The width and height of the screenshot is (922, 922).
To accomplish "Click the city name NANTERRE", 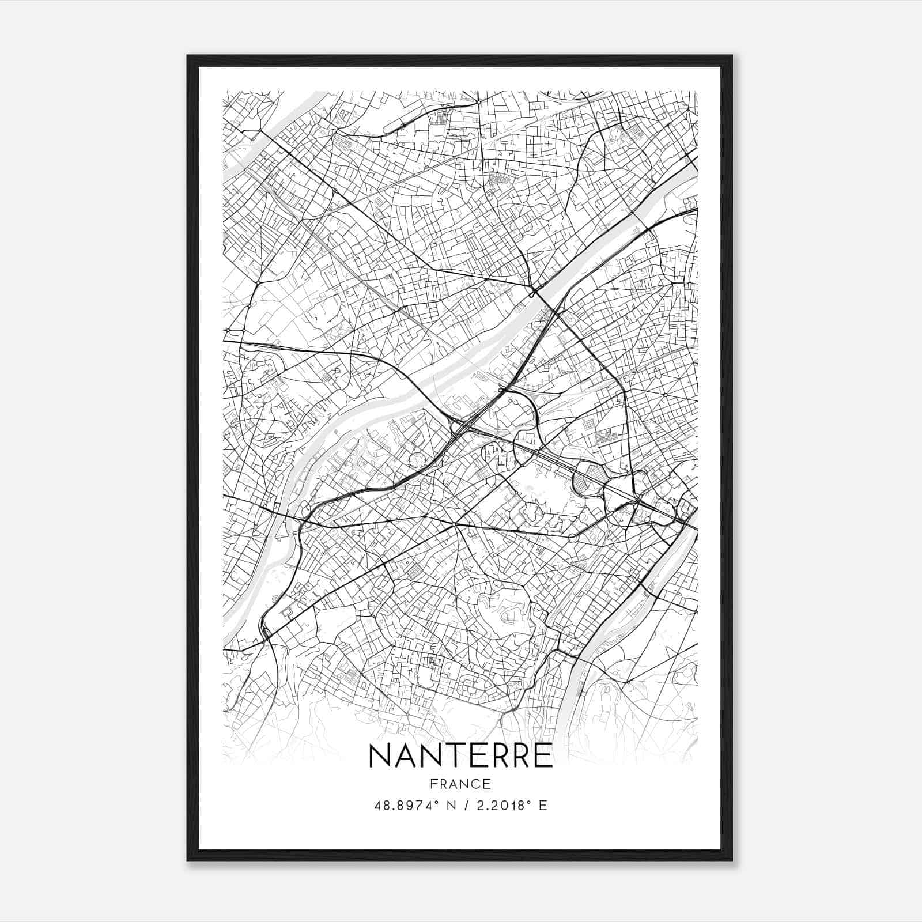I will (x=460, y=755).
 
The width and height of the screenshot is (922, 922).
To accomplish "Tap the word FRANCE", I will (x=460, y=784).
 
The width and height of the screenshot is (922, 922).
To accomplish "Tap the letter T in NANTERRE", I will (x=454, y=755).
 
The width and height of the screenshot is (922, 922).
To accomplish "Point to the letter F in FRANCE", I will (x=433, y=784).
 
